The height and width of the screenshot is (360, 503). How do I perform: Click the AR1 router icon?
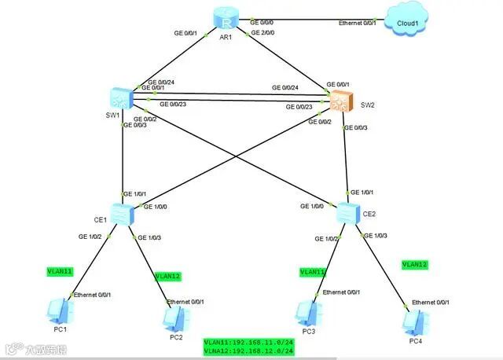pyautogui.click(x=225, y=20)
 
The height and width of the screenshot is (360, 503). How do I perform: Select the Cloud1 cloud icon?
pyautogui.click(x=407, y=21)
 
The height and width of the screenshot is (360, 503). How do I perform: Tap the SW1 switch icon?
pyautogui.click(x=122, y=97)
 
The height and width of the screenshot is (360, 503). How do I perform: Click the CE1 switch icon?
pyautogui.click(x=120, y=212)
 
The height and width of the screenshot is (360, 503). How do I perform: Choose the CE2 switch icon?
pyautogui.click(x=347, y=212)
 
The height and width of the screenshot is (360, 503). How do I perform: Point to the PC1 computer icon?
pyautogui.click(x=59, y=310)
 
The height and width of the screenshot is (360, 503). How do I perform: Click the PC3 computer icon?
pyautogui.click(x=307, y=312)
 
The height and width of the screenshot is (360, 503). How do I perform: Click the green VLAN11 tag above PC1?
pyautogui.click(x=60, y=271)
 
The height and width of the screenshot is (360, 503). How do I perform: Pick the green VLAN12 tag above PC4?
pyautogui.click(x=414, y=265)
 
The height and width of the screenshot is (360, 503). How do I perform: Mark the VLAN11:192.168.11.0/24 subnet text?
pyautogui.click(x=248, y=343)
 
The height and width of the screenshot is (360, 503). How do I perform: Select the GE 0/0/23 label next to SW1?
pyautogui.click(x=174, y=104)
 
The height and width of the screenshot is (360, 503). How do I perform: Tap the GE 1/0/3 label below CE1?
pyautogui.click(x=149, y=237)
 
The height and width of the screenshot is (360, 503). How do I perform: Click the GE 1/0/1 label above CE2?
pyautogui.click(x=362, y=192)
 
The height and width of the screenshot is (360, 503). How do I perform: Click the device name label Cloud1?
pyautogui.click(x=408, y=24)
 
